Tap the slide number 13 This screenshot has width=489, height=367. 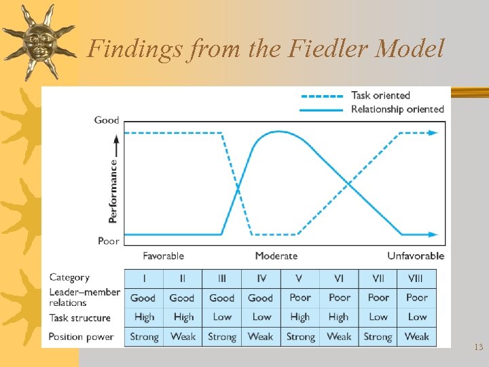click(x=479, y=347)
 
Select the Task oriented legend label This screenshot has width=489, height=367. click(x=380, y=95)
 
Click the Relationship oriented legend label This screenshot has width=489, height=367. click(x=397, y=109)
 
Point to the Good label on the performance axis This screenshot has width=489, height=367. click(x=107, y=120)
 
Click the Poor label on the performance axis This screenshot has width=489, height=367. click(x=109, y=241)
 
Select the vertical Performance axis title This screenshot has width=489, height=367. click(x=113, y=191)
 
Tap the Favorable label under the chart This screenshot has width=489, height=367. click(x=163, y=256)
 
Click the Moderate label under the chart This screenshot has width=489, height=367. click(x=276, y=256)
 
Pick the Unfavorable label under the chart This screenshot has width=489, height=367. click(x=416, y=256)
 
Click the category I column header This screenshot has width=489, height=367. click(x=143, y=279)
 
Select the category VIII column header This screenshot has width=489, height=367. click(x=416, y=279)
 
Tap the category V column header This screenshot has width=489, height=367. click(x=300, y=279)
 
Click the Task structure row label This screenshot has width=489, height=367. click(x=79, y=317)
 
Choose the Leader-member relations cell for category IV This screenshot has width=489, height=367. click(x=261, y=298)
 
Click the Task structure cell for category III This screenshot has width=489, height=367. click(x=222, y=317)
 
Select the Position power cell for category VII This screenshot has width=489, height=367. click(x=378, y=336)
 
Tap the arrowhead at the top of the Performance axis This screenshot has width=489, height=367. click(x=115, y=138)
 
